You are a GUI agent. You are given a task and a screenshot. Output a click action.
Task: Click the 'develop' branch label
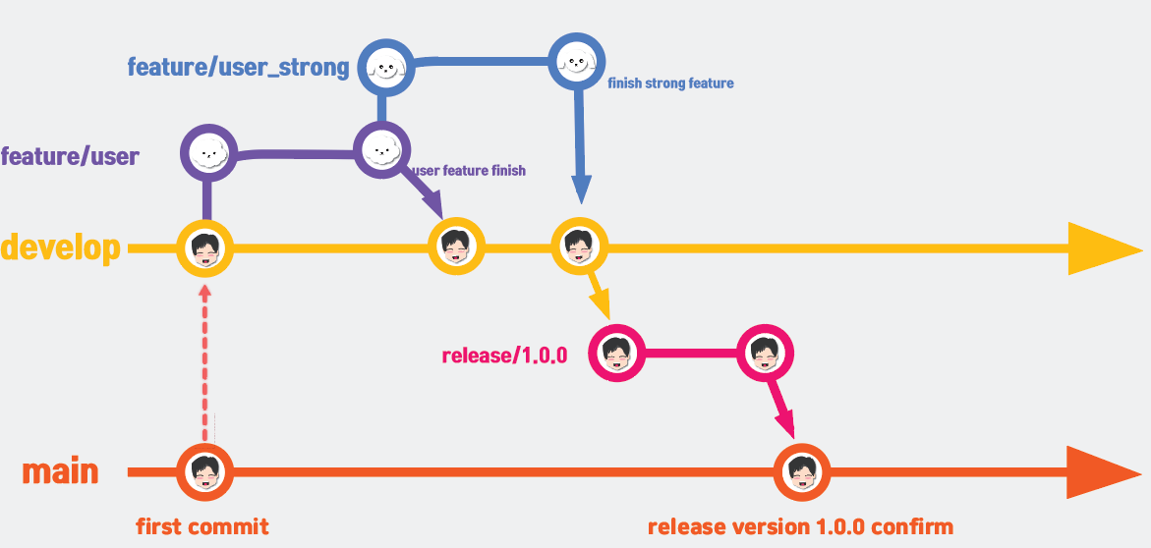click(61, 248)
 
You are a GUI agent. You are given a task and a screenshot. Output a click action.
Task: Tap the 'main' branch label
click(61, 471)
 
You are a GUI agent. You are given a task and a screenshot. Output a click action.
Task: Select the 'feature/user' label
click(70, 156)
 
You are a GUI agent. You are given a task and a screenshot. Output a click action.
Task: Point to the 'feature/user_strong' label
click(238, 68)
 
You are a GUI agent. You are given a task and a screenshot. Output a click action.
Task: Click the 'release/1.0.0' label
click(505, 356)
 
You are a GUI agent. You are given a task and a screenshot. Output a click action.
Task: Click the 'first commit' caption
click(201, 527)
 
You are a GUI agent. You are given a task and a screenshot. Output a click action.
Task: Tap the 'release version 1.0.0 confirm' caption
click(800, 527)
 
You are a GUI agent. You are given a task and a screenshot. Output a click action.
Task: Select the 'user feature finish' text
click(468, 171)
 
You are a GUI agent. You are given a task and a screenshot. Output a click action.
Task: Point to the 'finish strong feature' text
click(670, 83)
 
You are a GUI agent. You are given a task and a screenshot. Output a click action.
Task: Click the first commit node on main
click(204, 472)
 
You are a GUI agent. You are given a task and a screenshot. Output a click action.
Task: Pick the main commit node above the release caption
click(802, 472)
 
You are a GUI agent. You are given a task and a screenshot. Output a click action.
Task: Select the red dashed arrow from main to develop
click(204, 363)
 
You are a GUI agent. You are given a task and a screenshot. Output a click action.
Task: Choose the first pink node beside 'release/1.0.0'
click(615, 354)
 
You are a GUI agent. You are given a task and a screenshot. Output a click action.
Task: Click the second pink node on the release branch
click(765, 354)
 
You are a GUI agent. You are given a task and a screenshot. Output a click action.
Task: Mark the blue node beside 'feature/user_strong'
click(384, 68)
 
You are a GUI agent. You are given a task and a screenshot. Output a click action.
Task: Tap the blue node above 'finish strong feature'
click(575, 63)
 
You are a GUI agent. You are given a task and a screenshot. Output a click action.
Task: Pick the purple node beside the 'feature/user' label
click(207, 153)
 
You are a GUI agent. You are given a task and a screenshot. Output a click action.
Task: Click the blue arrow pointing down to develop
click(578, 147)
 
